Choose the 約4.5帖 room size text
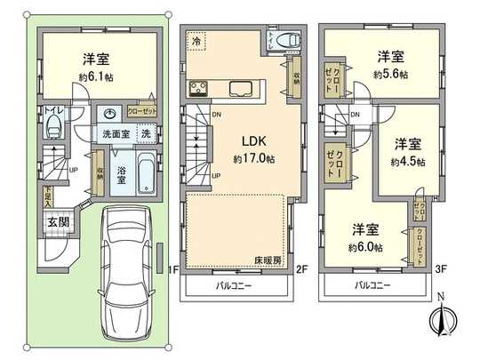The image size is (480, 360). point(407,162)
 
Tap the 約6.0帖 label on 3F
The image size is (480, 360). point(364,246)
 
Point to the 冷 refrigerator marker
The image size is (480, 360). point(195,41)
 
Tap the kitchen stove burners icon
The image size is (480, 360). point(197,88)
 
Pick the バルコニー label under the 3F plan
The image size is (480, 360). point(373,287)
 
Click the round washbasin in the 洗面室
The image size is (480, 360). point(108,115)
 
